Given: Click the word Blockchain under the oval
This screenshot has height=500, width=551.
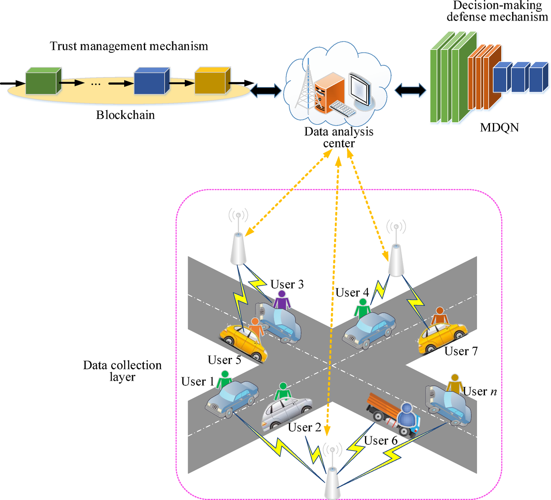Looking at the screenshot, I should [x=125, y=115].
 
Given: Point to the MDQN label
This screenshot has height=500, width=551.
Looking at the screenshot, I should [x=499, y=128].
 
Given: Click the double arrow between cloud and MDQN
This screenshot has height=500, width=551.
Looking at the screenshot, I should [x=410, y=90].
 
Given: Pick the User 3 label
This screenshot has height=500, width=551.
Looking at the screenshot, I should [x=287, y=285].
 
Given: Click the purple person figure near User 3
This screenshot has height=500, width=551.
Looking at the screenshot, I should [x=282, y=300].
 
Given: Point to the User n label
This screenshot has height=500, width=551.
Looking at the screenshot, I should [x=480, y=392].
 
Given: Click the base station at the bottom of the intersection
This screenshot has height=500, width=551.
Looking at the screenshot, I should [x=332, y=482].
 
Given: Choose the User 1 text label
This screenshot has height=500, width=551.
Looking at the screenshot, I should [x=198, y=382].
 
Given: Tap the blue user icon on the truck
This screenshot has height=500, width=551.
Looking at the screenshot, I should [x=407, y=415].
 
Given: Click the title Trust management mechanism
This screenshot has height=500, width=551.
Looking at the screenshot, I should [x=129, y=46].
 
